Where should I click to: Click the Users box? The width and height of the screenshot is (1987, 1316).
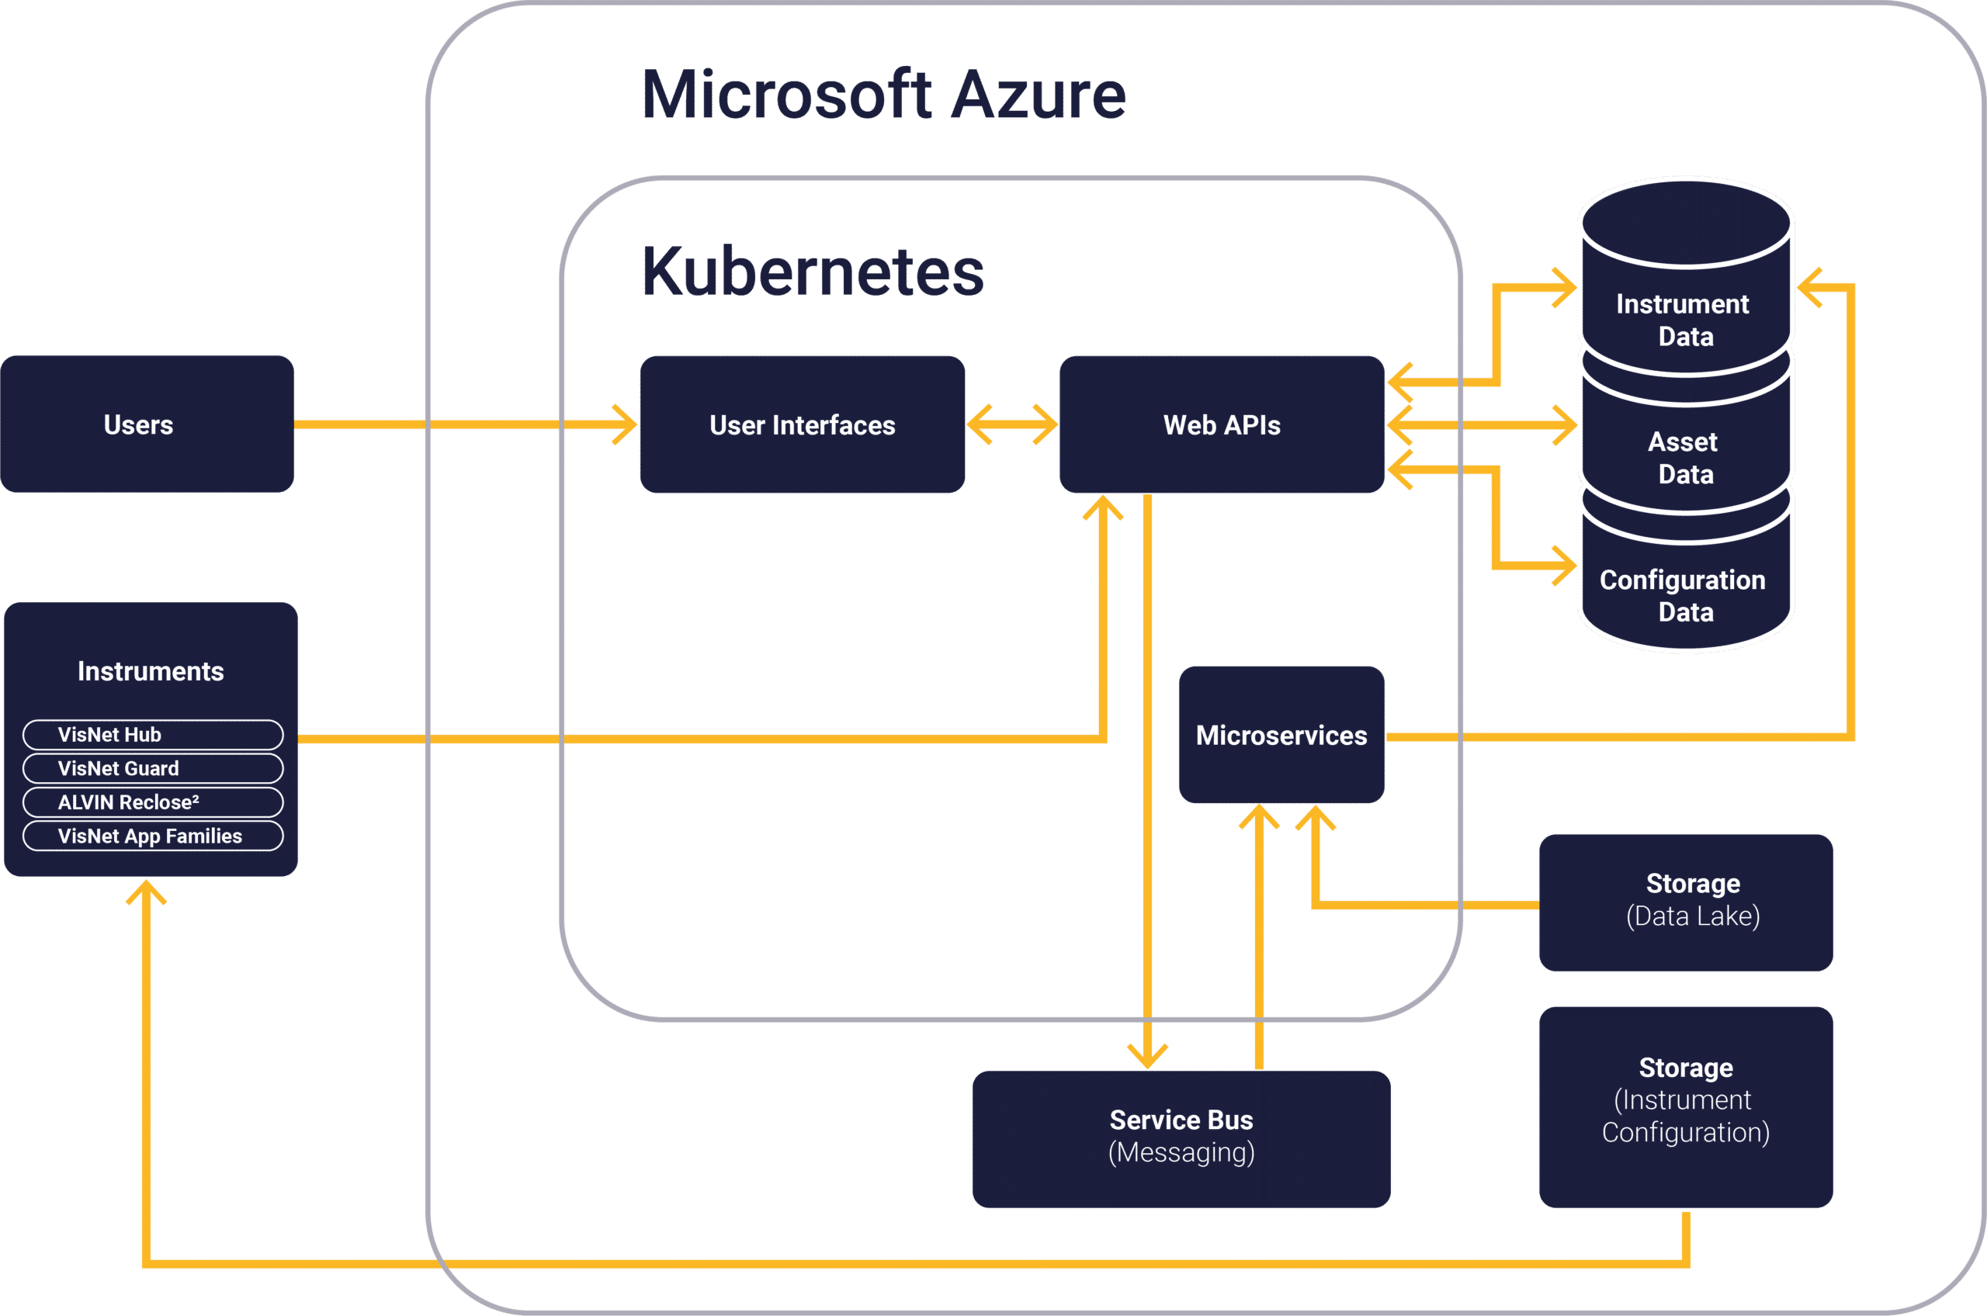coord(147,424)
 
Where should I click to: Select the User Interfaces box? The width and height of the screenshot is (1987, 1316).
coord(802,424)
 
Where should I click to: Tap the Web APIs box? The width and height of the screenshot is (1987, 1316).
coord(1222,424)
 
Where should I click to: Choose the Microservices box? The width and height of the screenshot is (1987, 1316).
coord(1281,734)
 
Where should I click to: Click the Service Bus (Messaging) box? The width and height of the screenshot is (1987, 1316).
coord(1181,1138)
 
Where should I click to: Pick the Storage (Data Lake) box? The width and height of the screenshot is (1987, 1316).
coord(1686,902)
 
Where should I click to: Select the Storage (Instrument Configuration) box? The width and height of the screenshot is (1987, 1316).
coord(1686,1106)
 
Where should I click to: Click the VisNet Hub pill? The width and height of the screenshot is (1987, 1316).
coord(153,734)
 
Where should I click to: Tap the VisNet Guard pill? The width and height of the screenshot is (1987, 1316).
coord(153,768)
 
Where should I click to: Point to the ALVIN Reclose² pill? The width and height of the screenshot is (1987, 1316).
coord(153,802)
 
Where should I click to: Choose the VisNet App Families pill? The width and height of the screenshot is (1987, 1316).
coord(153,836)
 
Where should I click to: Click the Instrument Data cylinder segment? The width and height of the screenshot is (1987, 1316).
coord(1686,319)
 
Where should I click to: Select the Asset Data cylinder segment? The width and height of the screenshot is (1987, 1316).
coord(1686,457)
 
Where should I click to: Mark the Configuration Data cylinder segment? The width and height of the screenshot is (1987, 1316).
coord(1686,595)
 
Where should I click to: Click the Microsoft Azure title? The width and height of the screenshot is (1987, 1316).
coord(884,95)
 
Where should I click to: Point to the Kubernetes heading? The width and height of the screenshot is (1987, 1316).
coord(813,272)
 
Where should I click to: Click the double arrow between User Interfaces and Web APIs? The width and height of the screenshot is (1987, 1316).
coord(1012,424)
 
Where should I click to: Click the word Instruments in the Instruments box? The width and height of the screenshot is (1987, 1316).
coord(151,671)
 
